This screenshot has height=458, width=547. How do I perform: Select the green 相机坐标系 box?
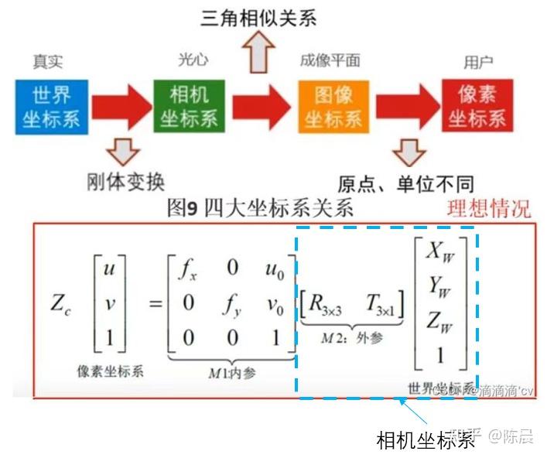pyautogui.click(x=189, y=106)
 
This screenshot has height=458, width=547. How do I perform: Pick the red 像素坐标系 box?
pyautogui.click(x=477, y=106)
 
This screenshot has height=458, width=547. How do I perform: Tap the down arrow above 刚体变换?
pyautogui.click(x=122, y=150)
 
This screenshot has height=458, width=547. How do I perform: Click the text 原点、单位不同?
pyautogui.click(x=405, y=183)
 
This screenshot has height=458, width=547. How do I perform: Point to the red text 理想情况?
pyautogui.click(x=490, y=208)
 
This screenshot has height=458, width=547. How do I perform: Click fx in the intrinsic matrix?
pyautogui.click(x=187, y=271)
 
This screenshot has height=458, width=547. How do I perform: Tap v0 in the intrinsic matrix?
pyautogui.click(x=276, y=303)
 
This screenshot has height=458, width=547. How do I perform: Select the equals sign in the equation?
pyautogui.click(x=154, y=303)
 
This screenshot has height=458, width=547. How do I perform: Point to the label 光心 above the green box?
pyautogui.click(x=193, y=60)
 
